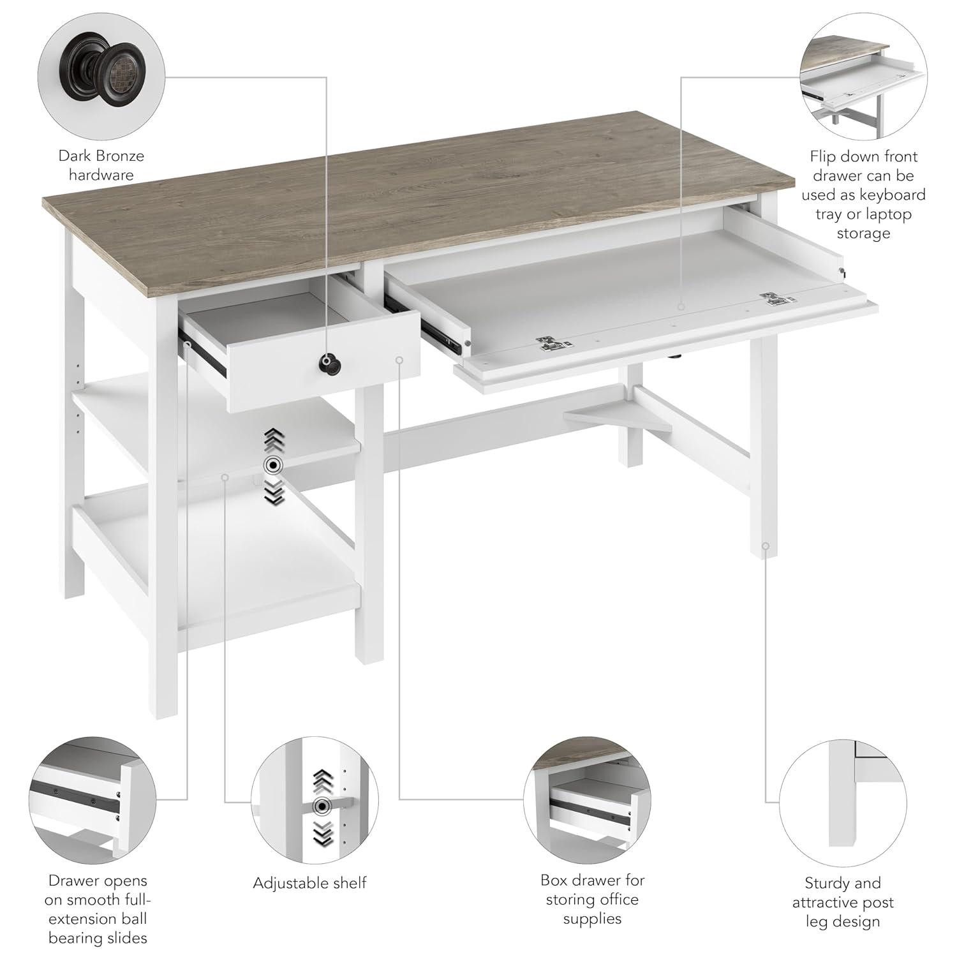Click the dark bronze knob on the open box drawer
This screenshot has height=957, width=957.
pos(330,364)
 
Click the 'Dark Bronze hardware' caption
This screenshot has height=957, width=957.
pos(101,165)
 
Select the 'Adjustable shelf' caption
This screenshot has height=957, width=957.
pos(310,883)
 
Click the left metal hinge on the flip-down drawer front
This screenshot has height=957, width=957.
pos(553,344)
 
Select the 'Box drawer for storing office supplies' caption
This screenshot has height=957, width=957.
pos(592,899)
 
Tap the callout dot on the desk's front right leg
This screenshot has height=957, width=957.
pos(765,546)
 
